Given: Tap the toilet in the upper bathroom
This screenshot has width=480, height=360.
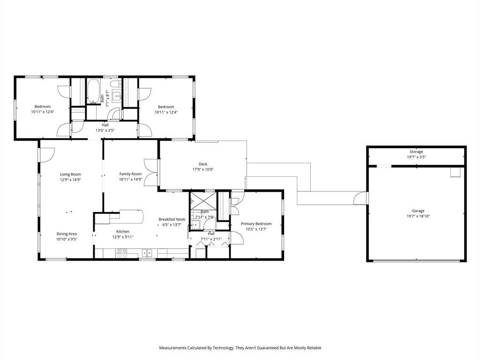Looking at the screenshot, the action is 115,84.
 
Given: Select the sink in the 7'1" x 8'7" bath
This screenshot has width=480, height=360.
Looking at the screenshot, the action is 117,96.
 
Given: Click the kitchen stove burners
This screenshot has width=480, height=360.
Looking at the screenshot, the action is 122,253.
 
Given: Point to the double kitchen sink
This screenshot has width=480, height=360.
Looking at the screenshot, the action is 147,254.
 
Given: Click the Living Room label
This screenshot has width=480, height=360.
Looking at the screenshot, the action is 70,174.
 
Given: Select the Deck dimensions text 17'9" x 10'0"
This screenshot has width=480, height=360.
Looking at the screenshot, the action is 203,169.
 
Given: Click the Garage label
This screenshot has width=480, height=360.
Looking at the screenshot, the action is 418,210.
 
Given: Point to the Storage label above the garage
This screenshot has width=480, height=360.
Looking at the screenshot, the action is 416,151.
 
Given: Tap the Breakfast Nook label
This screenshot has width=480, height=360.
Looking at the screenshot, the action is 172,219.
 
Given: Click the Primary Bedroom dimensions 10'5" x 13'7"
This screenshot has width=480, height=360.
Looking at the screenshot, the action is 256,229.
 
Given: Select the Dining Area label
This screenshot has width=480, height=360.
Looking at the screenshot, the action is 67,234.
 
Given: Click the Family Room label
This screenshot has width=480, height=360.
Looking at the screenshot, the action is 130,174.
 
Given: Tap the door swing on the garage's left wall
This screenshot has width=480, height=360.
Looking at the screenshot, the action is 360,198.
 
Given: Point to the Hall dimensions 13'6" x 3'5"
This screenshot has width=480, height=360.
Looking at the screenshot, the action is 105,130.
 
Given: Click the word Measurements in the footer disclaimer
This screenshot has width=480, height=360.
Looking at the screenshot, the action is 172,348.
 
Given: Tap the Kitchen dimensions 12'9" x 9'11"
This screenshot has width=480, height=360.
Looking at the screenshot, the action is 123,237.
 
